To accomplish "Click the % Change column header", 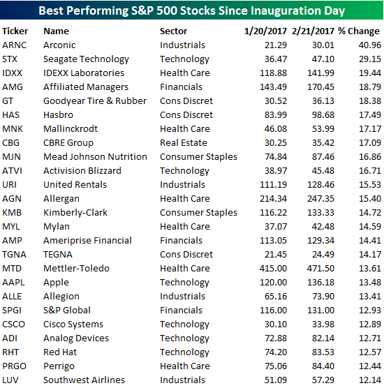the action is tap(358, 31).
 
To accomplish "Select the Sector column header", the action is tap(173, 31).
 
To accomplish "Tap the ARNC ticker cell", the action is tap(15, 45).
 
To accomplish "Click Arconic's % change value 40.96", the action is tap(370, 45).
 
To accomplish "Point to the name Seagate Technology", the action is tap(86, 59).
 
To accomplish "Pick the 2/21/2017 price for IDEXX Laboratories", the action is tap(321, 73).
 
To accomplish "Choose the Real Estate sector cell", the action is tap(184, 143).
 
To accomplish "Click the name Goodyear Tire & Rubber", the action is tap(95, 101).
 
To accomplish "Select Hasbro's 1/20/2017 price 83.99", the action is tap(276, 115).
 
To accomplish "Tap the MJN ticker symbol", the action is tap(11, 156).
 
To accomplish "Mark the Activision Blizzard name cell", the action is tap(82, 171).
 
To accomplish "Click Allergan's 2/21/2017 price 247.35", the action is tap(321, 199).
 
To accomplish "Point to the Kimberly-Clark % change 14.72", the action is tap(370, 213).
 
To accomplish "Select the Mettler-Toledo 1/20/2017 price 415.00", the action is tap(273, 269).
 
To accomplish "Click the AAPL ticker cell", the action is tap(13, 283).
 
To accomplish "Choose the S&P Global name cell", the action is tap(67, 311).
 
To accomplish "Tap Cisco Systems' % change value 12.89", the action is tap(370, 324).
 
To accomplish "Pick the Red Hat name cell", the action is tap(60, 352).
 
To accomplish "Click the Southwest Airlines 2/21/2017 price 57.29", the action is tap(323, 380).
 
